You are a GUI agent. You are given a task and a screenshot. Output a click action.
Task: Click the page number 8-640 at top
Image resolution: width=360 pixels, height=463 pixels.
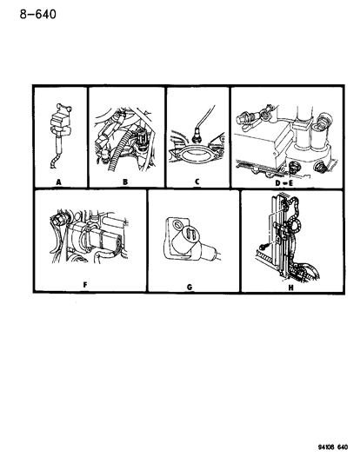pos(38,14)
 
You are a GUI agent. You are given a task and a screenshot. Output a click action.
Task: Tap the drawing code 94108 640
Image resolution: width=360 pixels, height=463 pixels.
pos(332,447)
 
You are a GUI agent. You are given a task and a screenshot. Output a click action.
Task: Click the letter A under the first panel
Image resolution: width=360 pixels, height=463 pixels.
pos(58,182)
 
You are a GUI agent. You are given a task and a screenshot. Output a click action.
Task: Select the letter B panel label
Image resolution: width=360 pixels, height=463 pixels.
pos(125,182)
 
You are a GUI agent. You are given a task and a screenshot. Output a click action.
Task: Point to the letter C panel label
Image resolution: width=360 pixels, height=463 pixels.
pos(197,182)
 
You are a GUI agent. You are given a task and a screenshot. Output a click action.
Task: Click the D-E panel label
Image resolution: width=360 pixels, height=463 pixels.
pos(283,183)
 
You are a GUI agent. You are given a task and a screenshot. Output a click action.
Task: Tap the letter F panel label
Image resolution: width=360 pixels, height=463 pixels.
pos(85,285)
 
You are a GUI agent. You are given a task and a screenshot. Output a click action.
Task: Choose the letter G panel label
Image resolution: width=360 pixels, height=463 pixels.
pos(190,287)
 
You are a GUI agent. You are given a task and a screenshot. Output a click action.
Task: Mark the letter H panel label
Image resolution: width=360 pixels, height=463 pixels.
pos(290,288)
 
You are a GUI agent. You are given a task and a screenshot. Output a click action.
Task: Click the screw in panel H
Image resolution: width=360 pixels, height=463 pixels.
pos(264,246)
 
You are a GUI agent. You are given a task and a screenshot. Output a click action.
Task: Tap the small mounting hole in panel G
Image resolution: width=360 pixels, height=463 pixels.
pos(177,224)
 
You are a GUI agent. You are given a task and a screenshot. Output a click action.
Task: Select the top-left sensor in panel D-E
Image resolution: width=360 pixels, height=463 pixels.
pos(243,119)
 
